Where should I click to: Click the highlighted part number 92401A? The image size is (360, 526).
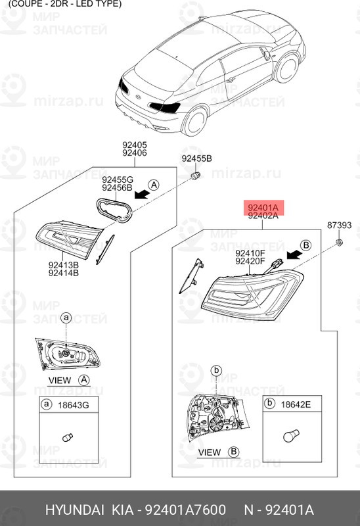tap(263, 207)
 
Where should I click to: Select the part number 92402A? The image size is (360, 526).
tap(263, 216)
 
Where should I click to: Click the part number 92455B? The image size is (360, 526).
tap(197, 159)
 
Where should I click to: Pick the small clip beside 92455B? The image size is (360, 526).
tap(195, 176)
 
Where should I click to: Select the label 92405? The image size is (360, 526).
tap(134, 145)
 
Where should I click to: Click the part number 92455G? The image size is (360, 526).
tap(118, 179)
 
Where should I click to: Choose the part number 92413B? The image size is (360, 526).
tap(63, 266)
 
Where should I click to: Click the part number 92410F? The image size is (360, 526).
tap(250, 252)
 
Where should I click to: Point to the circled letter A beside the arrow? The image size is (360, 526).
tap(153, 185)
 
